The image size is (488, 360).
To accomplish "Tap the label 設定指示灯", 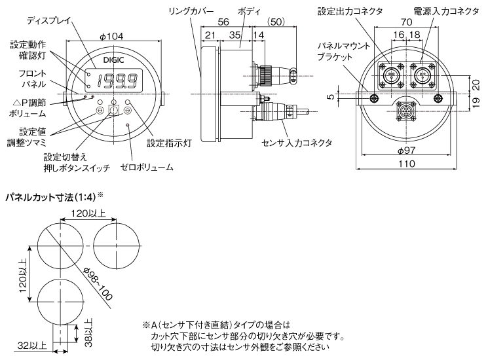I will (168, 141).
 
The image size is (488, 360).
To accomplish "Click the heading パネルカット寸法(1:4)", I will (52, 196).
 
